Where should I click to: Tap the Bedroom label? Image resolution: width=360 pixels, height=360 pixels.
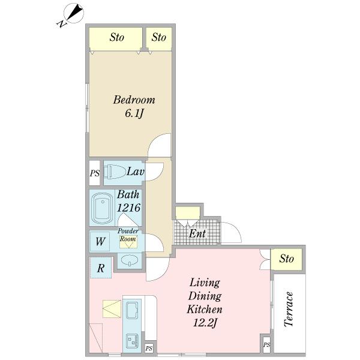click(x=134, y=100)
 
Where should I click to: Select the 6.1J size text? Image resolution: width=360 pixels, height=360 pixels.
click(x=134, y=113)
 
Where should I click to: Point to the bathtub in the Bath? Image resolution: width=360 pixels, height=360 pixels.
click(x=102, y=208)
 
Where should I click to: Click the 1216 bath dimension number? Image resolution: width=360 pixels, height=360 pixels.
click(x=128, y=208)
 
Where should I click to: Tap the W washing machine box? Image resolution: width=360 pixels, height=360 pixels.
click(x=100, y=241)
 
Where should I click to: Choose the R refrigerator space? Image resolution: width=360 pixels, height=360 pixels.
click(x=101, y=268)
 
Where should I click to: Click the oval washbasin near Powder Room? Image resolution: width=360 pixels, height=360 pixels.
click(x=130, y=260)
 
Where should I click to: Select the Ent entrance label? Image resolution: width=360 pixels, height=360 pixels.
click(x=197, y=234)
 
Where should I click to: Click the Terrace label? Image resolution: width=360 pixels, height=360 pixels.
click(x=289, y=309)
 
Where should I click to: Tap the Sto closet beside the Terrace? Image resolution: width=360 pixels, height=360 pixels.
click(x=286, y=259)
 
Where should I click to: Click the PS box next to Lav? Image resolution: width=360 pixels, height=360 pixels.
click(x=95, y=173)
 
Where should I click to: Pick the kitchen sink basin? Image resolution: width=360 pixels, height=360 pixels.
click(x=132, y=310)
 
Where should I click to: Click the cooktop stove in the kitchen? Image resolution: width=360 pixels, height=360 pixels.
click(x=132, y=340)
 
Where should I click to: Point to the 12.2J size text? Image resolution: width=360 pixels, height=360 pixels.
click(x=205, y=323)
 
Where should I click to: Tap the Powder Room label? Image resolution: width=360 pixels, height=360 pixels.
click(x=128, y=235)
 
